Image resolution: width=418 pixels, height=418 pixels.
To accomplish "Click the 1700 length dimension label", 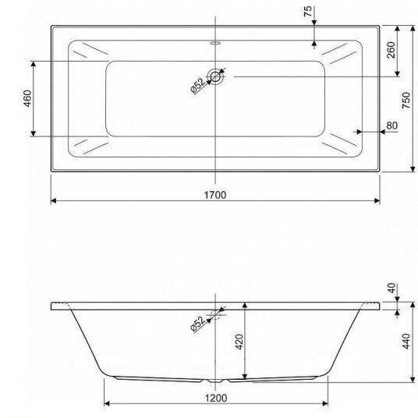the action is click(x=215, y=195).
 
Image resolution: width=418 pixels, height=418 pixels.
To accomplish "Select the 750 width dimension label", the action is click(x=406, y=101).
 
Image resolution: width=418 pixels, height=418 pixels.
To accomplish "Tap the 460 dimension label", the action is click(x=27, y=98).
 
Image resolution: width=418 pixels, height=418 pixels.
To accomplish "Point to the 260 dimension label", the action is click(x=391, y=50).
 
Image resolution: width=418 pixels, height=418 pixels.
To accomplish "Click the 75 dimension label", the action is click(x=307, y=11).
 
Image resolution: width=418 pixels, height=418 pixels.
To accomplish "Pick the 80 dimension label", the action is click(x=391, y=126).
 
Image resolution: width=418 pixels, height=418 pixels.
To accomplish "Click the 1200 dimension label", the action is click(x=216, y=399).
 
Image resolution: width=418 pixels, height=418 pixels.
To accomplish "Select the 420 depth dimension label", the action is click(x=239, y=342).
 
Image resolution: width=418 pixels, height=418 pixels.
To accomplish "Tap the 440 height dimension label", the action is click(x=406, y=341).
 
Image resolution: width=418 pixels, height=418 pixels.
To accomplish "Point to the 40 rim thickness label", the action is click(x=391, y=288).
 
